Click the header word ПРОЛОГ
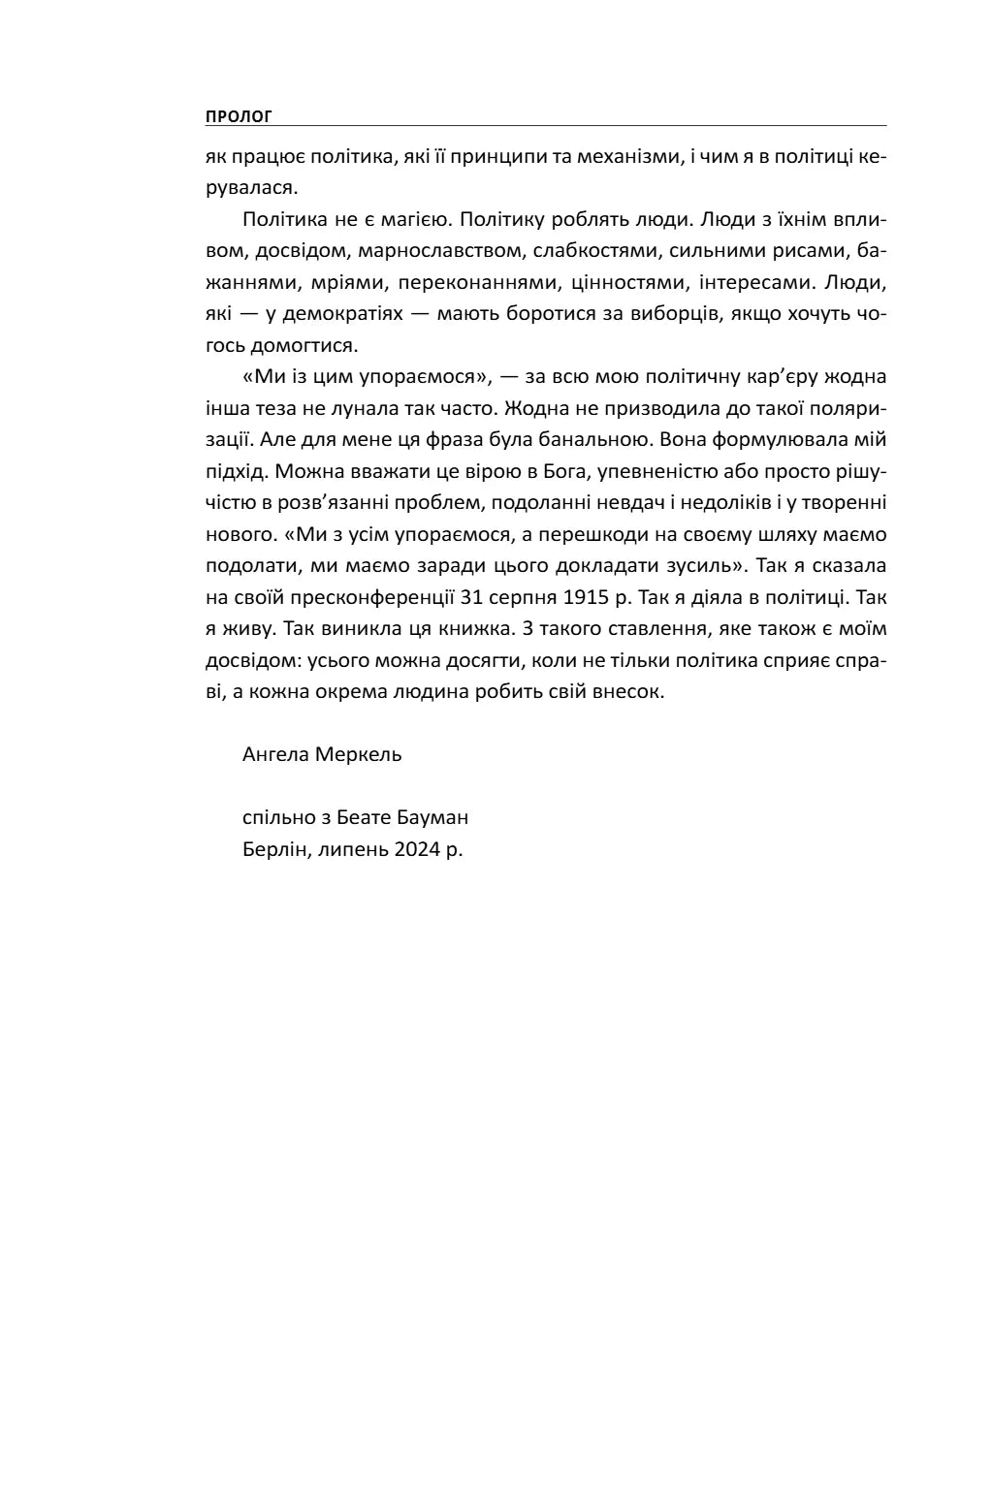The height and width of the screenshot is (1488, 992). click(239, 117)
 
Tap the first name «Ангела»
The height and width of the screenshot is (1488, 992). click(275, 754)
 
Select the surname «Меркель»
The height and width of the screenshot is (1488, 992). click(358, 754)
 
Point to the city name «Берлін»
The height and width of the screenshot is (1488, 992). click(275, 849)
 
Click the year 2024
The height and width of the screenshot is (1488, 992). click(417, 849)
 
